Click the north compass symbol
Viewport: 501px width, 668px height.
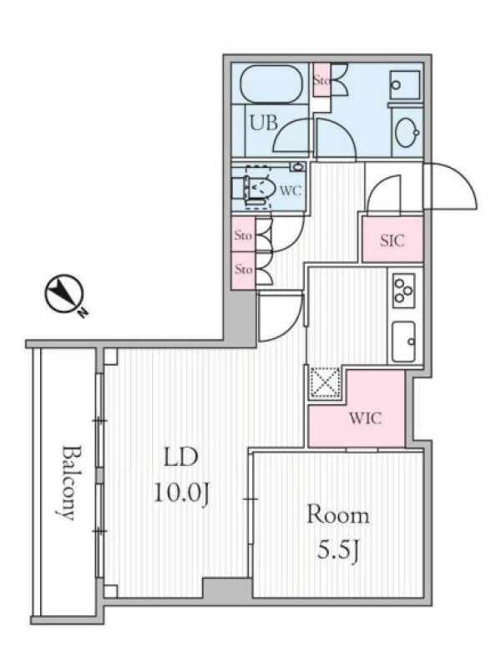[x=64, y=294]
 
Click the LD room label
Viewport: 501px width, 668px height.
[x=181, y=458]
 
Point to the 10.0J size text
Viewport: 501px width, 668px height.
[x=181, y=493]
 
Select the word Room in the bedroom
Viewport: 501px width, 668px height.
[x=338, y=515]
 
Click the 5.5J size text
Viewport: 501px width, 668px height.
[x=339, y=551]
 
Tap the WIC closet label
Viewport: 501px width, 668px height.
[x=365, y=418]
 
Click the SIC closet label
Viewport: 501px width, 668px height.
[x=392, y=240]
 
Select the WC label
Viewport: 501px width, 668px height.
[x=291, y=191]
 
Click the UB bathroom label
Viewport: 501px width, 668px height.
[x=264, y=123]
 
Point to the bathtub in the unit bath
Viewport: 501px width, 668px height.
[x=271, y=84]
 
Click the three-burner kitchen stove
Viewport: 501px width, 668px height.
[x=404, y=291]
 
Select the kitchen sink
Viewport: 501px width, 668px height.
[x=403, y=342]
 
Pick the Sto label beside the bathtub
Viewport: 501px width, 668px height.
[x=321, y=79]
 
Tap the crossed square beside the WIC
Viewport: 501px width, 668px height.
[x=325, y=382]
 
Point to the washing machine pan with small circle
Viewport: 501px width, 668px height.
[x=405, y=86]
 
